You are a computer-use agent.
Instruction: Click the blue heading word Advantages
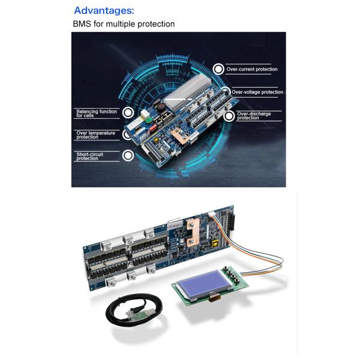(104, 11)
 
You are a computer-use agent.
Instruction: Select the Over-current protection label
(252, 69)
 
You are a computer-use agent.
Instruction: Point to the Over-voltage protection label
(257, 92)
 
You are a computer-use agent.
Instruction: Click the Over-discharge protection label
(254, 116)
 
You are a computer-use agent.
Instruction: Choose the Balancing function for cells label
(97, 113)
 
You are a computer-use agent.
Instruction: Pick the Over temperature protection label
(95, 135)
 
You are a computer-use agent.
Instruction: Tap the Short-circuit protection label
(89, 157)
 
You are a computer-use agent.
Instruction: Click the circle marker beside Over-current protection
(218, 69)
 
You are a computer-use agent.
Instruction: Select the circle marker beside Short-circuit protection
(128, 155)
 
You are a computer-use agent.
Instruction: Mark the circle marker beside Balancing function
(128, 113)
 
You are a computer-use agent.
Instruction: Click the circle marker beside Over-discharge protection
(229, 116)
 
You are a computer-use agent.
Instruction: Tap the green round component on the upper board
(149, 119)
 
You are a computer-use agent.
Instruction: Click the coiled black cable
(134, 311)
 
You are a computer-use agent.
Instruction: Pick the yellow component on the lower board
(215, 244)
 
